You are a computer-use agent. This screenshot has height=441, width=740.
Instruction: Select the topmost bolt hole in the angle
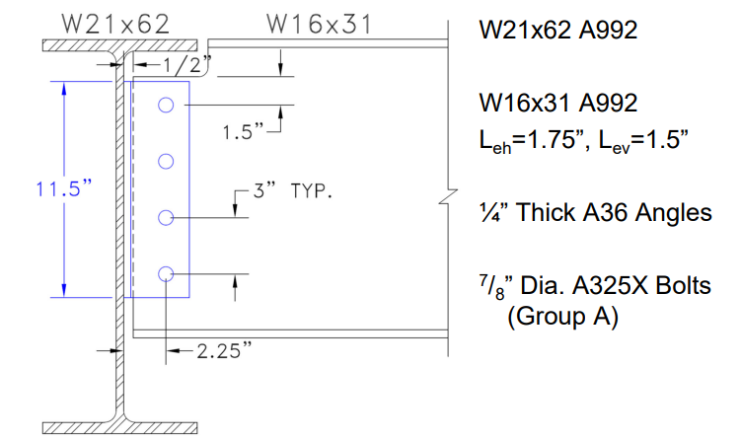point(165,105)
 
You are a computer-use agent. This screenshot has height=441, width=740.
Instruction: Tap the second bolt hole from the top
point(165,161)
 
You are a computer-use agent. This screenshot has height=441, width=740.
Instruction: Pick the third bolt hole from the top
point(165,216)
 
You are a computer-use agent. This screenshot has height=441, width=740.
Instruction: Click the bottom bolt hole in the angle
point(165,272)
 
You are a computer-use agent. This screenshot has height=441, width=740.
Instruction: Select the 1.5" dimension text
point(242,131)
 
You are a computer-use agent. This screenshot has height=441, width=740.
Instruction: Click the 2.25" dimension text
point(226,349)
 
